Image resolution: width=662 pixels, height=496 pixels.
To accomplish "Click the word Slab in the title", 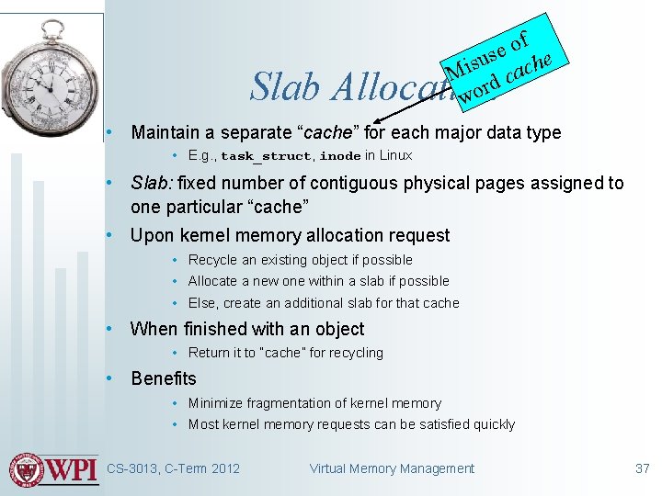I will pos(284,88).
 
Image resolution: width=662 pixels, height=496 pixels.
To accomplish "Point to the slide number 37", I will pos(642,468).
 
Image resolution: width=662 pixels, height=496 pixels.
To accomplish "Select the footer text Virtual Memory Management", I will pos(392,468).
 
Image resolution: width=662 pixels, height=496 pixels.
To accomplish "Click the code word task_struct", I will pos(265,156).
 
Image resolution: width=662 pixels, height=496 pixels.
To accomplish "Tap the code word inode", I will pos(340,156).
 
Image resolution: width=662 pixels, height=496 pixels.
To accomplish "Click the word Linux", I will pos(396,155).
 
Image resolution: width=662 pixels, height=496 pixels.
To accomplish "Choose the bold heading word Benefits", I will pos(164,378).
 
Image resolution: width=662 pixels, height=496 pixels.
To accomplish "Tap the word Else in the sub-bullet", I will pos(202,303).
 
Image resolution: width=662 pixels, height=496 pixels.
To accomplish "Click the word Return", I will pos(210,353).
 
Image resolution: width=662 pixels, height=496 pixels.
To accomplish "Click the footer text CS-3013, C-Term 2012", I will pos(173,468).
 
